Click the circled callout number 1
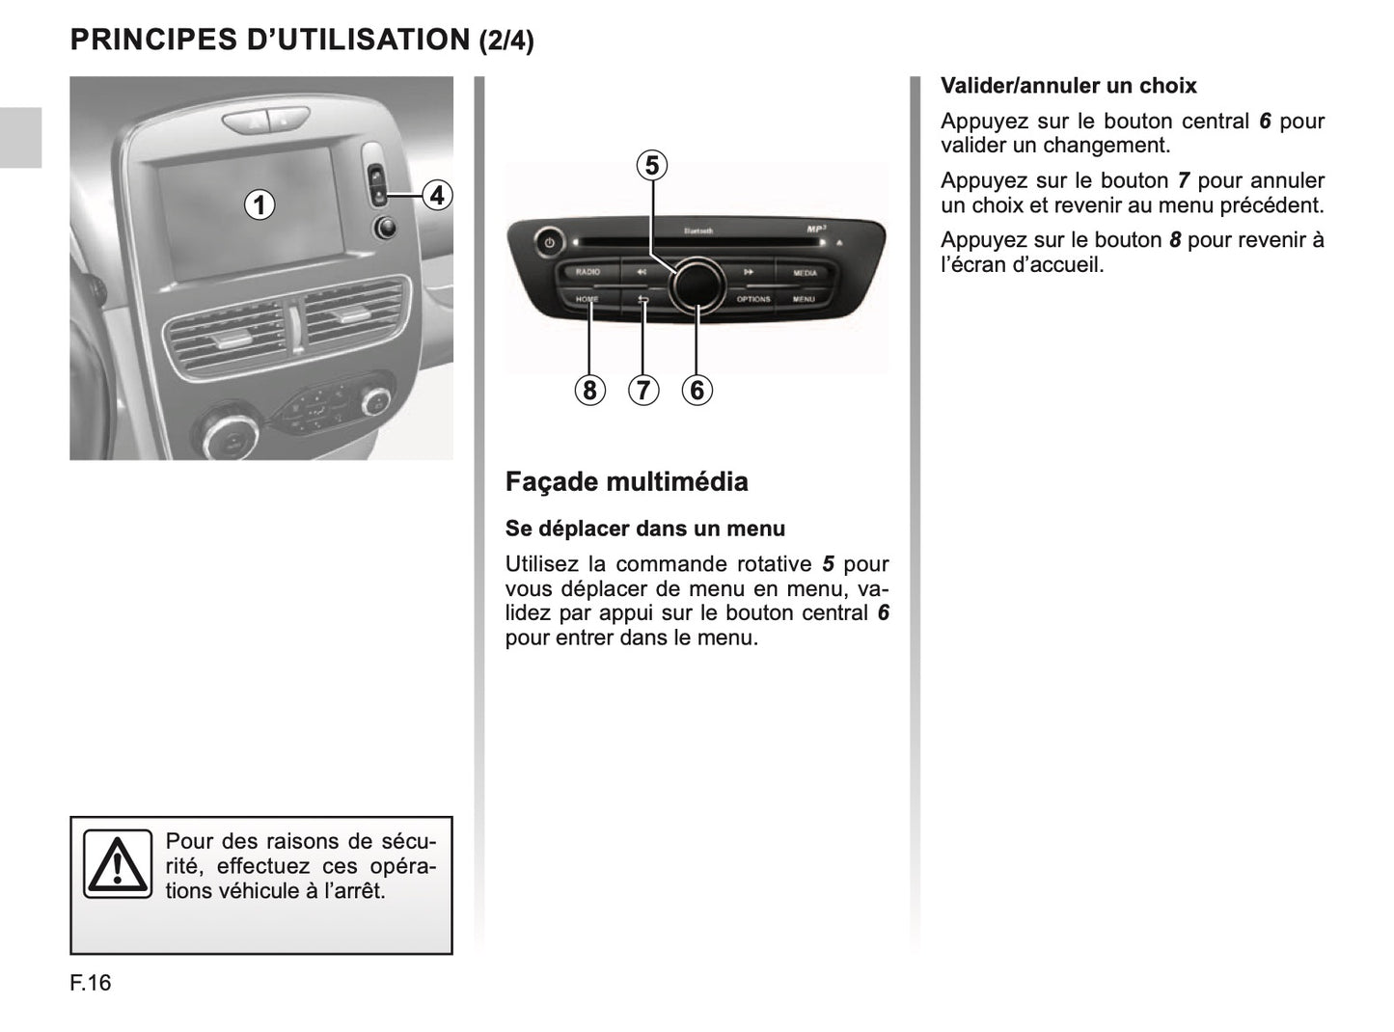click(x=259, y=204)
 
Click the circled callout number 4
click(x=437, y=195)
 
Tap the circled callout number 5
click(x=652, y=166)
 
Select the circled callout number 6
click(x=697, y=390)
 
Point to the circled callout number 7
click(x=642, y=390)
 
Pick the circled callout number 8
click(x=588, y=390)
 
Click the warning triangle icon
click(x=117, y=864)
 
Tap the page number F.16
click(x=91, y=983)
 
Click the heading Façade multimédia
click(x=626, y=481)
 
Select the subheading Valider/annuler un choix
click(x=1068, y=86)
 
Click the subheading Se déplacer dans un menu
click(x=644, y=529)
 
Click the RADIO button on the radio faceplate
click(x=588, y=272)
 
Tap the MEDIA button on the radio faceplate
click(x=805, y=273)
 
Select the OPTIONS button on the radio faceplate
click(x=753, y=299)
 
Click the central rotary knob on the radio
click(x=697, y=284)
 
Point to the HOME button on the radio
click(x=587, y=299)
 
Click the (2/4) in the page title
click(x=506, y=41)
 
